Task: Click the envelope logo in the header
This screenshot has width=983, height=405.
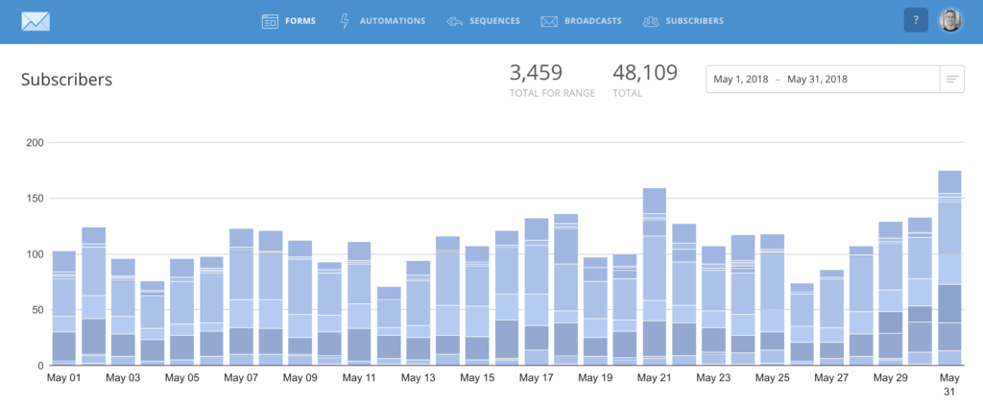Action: (35, 20)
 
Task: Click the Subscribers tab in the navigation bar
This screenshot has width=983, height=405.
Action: (683, 20)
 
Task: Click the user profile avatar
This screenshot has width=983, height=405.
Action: (949, 20)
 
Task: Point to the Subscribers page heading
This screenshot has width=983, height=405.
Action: (67, 80)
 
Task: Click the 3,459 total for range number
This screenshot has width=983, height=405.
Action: (536, 72)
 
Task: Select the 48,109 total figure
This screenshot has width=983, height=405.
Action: (645, 72)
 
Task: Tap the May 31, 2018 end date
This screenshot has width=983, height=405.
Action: (817, 79)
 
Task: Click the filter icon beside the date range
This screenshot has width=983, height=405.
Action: (951, 79)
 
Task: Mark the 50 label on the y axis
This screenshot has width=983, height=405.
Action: (36, 310)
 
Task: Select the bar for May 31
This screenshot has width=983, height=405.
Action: (949, 268)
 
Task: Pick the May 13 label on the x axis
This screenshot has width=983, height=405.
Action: (418, 378)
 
